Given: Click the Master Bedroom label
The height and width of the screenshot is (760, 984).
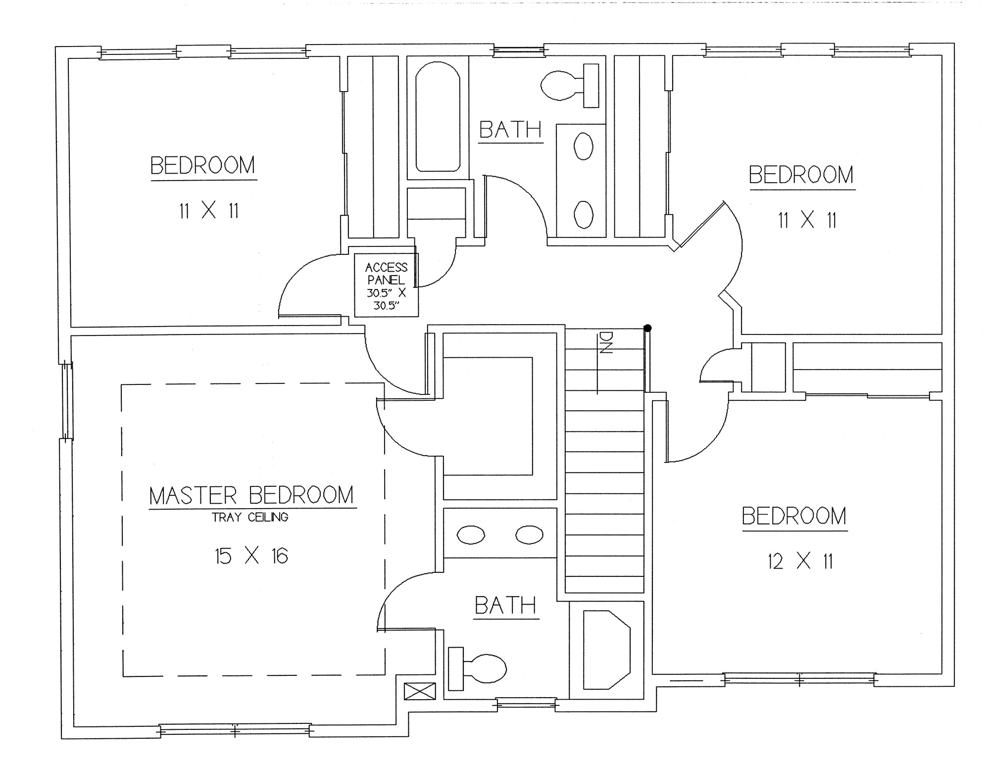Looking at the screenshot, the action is pyautogui.click(x=252, y=495).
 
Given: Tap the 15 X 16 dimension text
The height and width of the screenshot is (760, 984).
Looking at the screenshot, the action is pyautogui.click(x=251, y=556).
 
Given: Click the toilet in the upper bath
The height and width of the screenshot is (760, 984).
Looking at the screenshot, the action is pyautogui.click(x=570, y=85).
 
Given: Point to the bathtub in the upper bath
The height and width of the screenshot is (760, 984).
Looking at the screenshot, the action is pyautogui.click(x=438, y=117).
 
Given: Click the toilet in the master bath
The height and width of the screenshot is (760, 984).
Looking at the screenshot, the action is pyautogui.click(x=477, y=668).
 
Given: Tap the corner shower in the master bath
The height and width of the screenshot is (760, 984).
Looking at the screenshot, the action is pyautogui.click(x=607, y=650).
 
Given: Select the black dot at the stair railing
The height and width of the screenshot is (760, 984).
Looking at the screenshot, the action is pyautogui.click(x=647, y=328).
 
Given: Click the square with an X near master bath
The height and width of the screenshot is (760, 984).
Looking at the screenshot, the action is pyautogui.click(x=420, y=691).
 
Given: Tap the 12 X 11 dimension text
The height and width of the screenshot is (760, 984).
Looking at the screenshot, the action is pyautogui.click(x=800, y=562).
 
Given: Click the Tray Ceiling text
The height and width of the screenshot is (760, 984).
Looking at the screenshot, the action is pyautogui.click(x=250, y=518).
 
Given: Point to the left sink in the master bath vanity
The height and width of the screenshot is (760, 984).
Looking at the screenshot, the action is pyautogui.click(x=471, y=535).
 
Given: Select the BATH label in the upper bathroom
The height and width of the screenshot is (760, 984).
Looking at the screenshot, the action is pyautogui.click(x=510, y=130).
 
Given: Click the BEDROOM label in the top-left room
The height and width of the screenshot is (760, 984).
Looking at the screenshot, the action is pyautogui.click(x=203, y=166).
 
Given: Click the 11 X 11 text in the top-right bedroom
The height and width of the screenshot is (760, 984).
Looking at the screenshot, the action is pyautogui.click(x=807, y=220).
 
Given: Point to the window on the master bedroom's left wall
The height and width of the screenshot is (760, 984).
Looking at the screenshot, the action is pyautogui.click(x=66, y=401).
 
